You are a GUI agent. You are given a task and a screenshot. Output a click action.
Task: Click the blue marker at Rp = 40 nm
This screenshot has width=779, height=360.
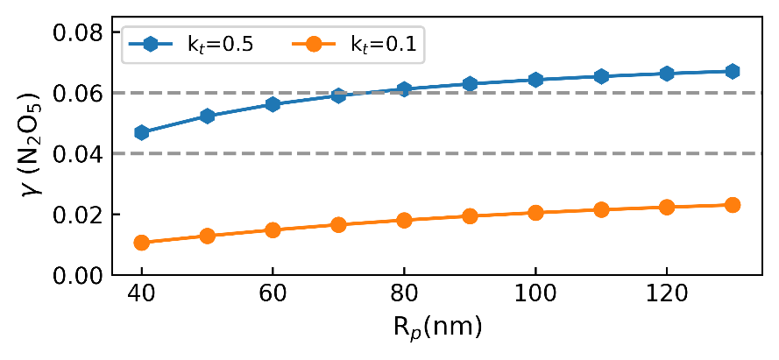[x=141, y=132]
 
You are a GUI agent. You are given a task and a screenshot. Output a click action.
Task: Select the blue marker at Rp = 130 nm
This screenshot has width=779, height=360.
[x=733, y=71]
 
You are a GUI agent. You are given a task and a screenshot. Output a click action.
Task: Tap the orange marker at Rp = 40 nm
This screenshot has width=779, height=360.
[x=141, y=243]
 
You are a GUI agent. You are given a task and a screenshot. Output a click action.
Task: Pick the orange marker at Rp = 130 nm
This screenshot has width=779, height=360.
[x=733, y=205]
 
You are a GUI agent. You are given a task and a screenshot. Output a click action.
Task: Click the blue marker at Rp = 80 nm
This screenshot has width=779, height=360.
[x=404, y=88]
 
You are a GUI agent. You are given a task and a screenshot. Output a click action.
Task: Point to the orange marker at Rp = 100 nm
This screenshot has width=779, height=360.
[x=535, y=213]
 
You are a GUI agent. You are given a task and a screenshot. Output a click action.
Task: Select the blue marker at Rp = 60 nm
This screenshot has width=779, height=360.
[x=273, y=104]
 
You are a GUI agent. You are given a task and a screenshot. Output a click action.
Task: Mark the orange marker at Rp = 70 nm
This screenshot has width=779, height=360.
[x=338, y=225]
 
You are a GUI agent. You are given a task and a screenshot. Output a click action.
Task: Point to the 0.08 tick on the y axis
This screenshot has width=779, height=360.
[x=81, y=32]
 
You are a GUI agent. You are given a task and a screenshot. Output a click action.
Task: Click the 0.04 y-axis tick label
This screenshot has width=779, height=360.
[x=81, y=154]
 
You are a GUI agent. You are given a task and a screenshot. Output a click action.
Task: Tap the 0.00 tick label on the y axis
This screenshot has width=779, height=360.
[x=81, y=276]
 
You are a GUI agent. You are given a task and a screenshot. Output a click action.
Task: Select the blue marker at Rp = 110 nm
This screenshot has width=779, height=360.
[x=601, y=76]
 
